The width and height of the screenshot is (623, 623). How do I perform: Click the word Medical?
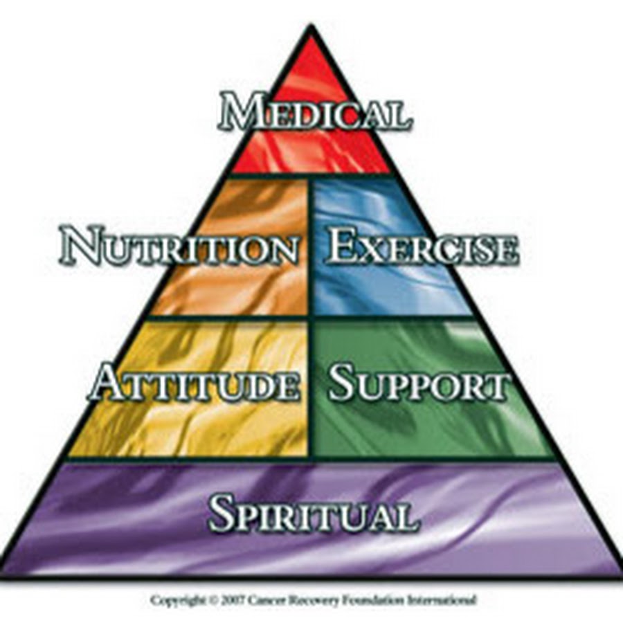tap(314, 113)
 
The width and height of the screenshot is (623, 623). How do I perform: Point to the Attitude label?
tap(195, 383)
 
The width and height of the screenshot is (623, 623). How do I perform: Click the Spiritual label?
tap(314, 514)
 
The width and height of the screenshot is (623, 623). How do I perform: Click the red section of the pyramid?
tap(311, 149)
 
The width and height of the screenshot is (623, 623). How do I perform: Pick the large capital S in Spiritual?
tap(223, 514)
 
